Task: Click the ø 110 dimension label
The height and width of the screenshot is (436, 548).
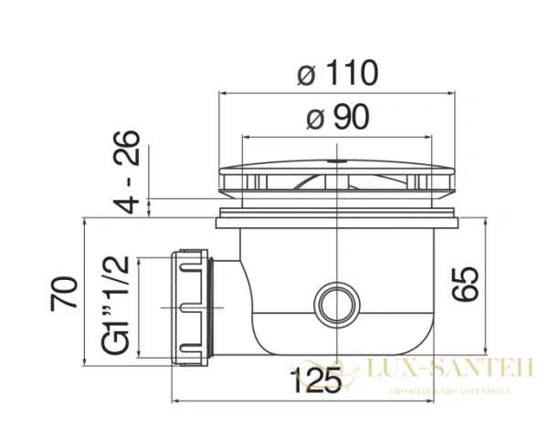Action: [x=338, y=73]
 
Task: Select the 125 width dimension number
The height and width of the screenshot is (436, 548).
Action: [x=316, y=381]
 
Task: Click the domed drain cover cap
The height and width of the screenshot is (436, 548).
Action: [x=338, y=175]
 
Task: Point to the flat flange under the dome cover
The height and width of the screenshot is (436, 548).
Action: [x=338, y=220]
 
